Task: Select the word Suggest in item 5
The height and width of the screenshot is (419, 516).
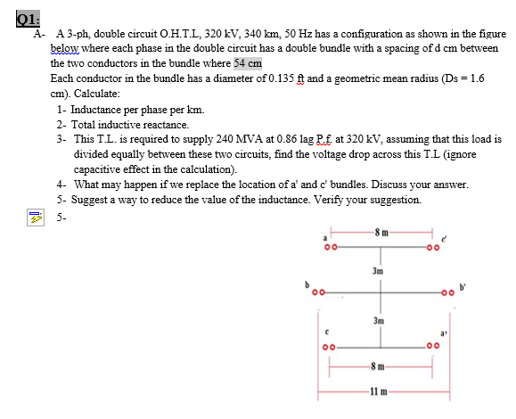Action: tap(92, 199)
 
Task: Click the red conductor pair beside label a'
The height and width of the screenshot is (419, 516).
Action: tap(433, 344)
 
